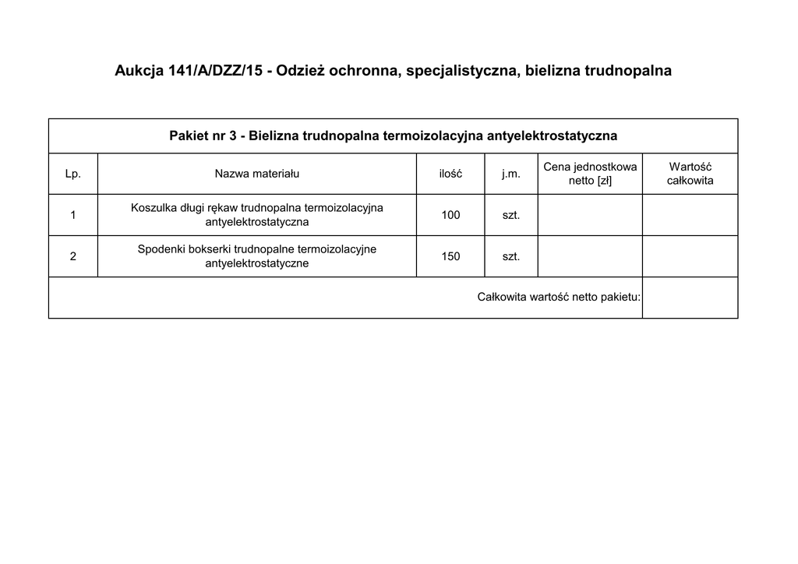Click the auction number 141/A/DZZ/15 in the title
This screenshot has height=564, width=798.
[211, 72]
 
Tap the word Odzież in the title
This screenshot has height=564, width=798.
[300, 72]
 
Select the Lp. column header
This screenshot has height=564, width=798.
[73, 174]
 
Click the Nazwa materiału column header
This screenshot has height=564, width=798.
[257, 174]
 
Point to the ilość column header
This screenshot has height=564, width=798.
[450, 174]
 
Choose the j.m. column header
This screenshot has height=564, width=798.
[511, 174]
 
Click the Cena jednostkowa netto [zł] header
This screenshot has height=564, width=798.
[590, 174]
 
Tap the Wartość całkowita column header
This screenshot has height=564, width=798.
[690, 174]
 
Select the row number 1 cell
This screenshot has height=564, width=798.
[73, 215]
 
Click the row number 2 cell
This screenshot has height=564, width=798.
[73, 256]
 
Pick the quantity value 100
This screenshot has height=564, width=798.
[450, 215]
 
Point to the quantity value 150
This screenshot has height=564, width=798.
[450, 256]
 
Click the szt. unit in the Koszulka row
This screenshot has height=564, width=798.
[511, 215]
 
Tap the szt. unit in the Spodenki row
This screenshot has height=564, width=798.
[511, 256]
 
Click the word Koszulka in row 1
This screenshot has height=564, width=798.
[154, 208]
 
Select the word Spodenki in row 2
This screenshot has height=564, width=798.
[161, 249]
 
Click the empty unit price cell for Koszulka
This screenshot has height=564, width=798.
[590, 215]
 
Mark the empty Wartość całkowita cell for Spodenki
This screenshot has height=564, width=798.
[690, 256]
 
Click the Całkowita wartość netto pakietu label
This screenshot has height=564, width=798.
[559, 297]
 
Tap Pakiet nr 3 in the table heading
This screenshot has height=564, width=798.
[202, 136]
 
